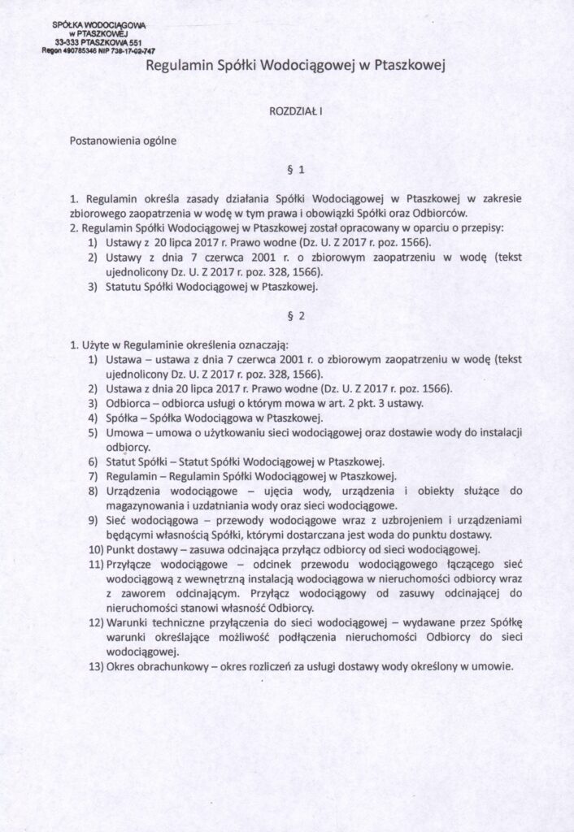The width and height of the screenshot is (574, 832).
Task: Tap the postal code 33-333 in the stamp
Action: point(68,41)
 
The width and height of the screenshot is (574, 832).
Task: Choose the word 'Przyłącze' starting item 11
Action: point(131,564)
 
